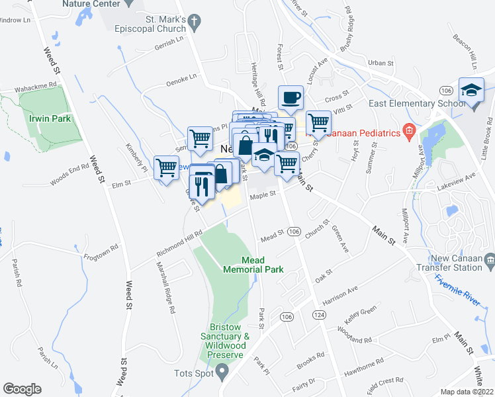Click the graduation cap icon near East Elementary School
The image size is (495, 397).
(471, 91)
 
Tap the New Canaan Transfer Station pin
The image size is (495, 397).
(489, 259)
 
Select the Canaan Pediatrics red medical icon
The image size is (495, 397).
(409, 133)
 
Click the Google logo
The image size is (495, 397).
(22, 389)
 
